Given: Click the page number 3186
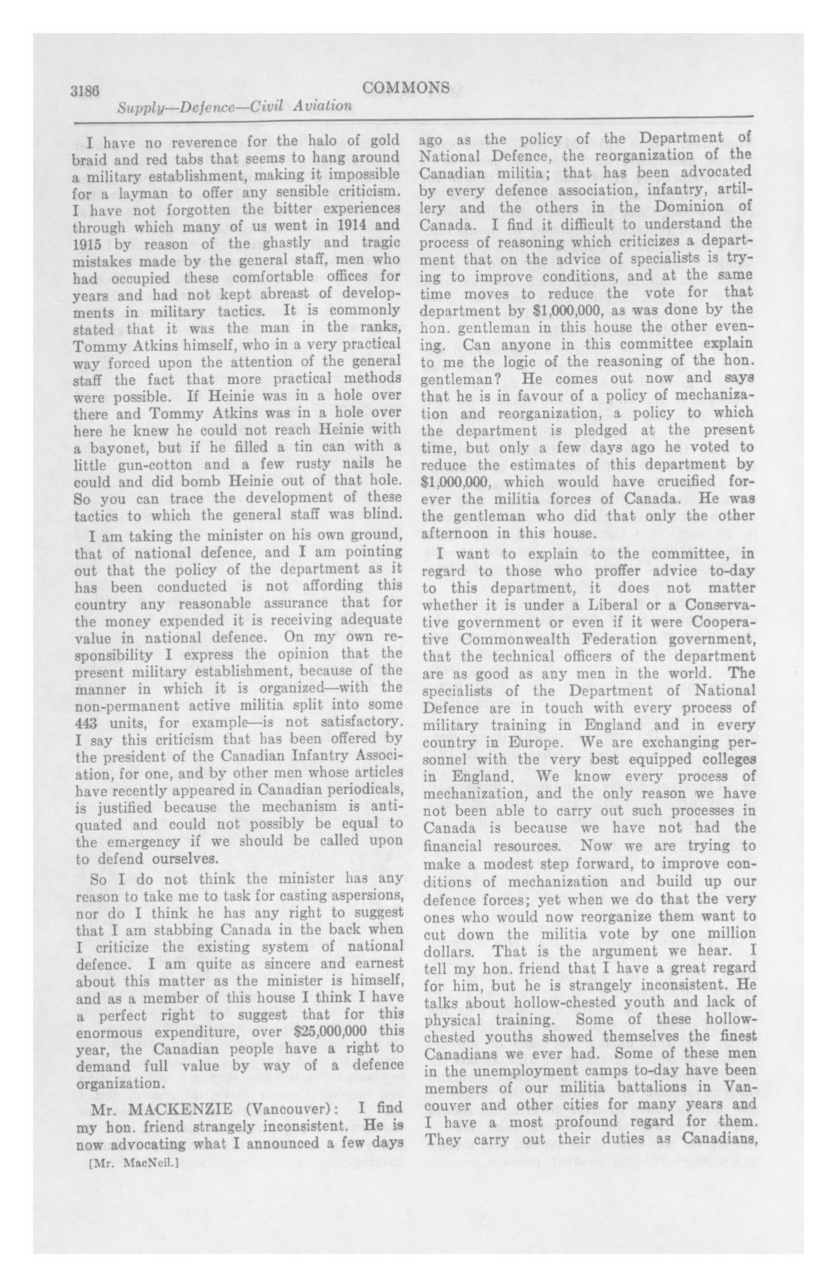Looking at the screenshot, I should (x=85, y=90).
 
